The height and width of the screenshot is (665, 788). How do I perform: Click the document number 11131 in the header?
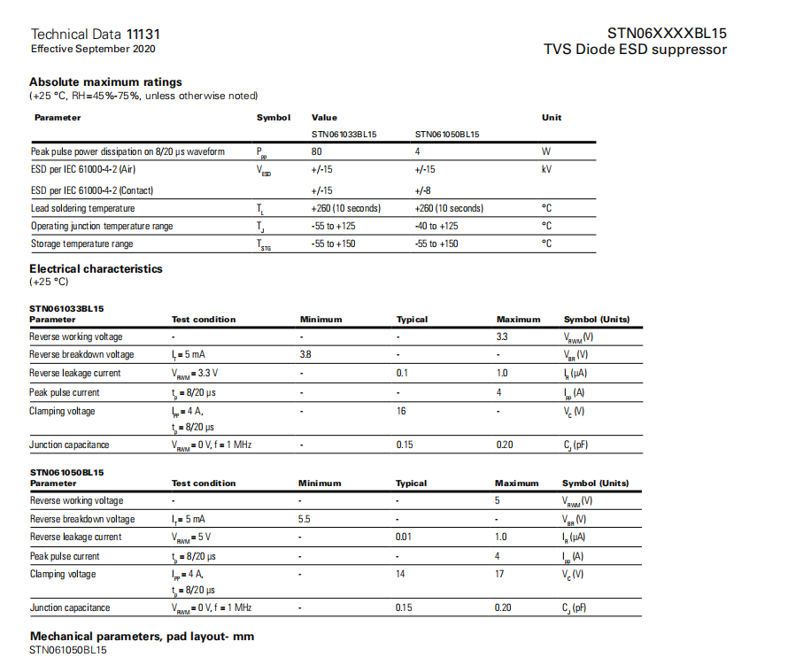(x=143, y=34)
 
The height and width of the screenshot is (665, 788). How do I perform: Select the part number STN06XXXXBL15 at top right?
(x=667, y=34)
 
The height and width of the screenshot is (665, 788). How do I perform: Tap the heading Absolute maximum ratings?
(x=105, y=82)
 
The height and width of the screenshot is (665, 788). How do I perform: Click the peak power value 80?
(x=317, y=151)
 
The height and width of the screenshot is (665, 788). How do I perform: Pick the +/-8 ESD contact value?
(x=424, y=190)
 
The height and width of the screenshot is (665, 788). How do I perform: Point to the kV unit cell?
(x=546, y=168)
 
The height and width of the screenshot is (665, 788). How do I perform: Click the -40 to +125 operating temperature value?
(x=436, y=226)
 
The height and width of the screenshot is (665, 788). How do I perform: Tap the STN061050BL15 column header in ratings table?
(x=447, y=135)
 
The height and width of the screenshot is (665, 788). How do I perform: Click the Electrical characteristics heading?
(x=96, y=268)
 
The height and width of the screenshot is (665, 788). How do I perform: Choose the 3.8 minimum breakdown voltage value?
(x=306, y=354)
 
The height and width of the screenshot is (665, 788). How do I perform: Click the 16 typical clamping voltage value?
(x=402, y=411)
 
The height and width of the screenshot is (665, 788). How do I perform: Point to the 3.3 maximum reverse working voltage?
(x=502, y=336)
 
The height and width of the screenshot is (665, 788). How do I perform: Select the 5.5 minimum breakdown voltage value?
(x=305, y=519)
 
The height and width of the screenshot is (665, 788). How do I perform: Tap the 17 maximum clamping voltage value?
(x=500, y=574)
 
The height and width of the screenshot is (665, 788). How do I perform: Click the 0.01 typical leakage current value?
(x=406, y=537)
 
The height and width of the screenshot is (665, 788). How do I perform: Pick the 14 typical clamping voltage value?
(x=401, y=574)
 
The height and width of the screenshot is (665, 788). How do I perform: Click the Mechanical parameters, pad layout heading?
(x=143, y=636)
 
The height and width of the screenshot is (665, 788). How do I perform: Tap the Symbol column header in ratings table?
(x=273, y=117)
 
